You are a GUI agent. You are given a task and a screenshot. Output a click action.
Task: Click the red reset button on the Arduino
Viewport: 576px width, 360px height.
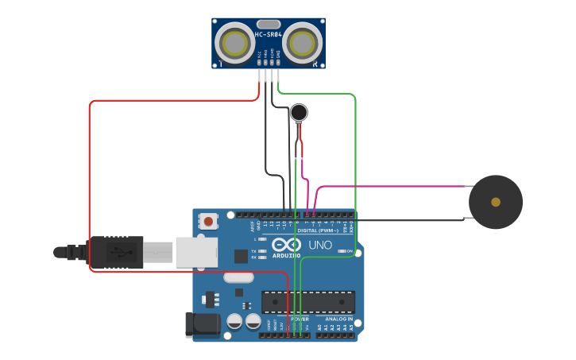208,221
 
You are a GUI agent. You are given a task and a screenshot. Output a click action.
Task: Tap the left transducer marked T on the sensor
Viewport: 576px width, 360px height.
234,42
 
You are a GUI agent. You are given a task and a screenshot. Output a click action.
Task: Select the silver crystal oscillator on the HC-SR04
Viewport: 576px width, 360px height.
269,24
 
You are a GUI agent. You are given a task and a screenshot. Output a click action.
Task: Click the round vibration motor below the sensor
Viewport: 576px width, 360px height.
299,112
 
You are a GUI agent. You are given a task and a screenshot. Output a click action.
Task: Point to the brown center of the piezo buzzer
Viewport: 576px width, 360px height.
496,202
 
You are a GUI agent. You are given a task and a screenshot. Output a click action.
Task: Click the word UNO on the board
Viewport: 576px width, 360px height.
319,245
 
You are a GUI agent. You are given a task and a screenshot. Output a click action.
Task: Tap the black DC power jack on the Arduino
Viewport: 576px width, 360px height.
201,323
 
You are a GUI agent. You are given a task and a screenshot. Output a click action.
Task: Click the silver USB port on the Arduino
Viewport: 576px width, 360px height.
196,252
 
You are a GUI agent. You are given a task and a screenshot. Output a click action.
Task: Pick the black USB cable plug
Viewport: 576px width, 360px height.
116,253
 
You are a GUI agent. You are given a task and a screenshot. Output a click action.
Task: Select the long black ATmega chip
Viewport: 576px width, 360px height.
307,302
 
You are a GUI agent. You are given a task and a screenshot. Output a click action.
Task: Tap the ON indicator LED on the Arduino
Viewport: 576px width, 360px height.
340,251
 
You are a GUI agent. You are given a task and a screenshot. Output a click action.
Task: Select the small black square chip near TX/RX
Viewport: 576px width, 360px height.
241,256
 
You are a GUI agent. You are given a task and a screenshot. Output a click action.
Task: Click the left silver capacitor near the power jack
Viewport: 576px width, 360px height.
235,321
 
